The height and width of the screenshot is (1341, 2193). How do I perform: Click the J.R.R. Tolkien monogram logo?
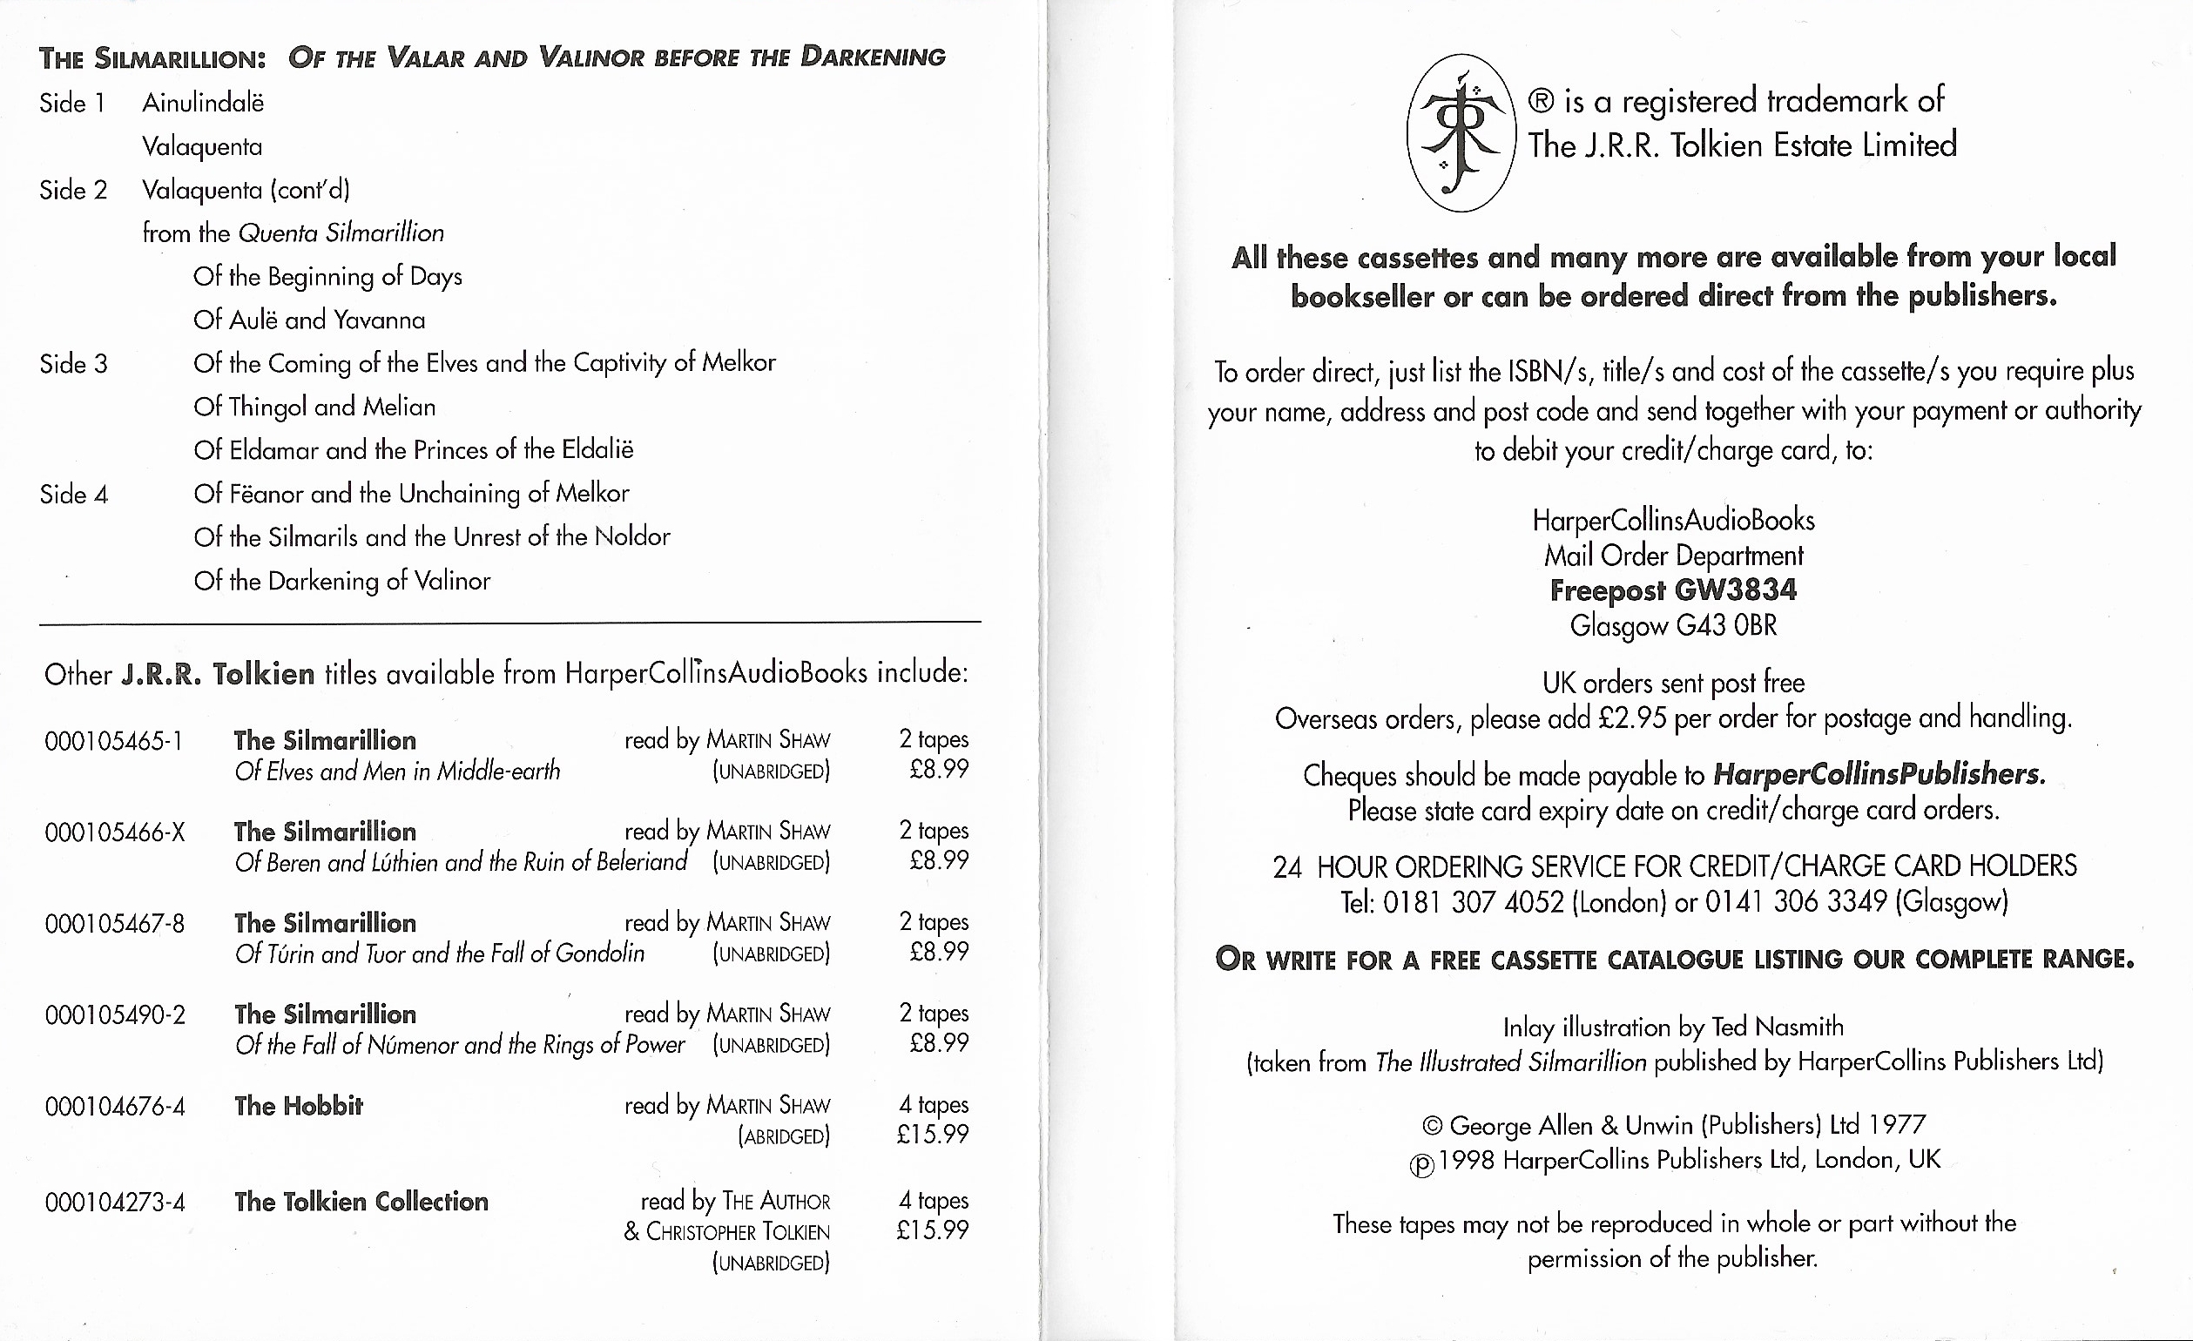tap(1461, 133)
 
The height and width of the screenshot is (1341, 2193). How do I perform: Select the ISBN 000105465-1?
tap(113, 741)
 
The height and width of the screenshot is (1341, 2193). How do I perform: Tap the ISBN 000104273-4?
tap(115, 1203)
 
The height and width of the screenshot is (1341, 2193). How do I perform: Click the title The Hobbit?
tap(298, 1106)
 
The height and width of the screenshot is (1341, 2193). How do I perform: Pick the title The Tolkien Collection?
tap(361, 1203)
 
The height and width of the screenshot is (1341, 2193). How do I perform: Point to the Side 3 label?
tap(73, 364)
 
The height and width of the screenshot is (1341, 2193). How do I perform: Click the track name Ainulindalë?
tap(203, 104)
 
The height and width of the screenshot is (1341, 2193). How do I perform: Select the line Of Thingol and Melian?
tap(314, 408)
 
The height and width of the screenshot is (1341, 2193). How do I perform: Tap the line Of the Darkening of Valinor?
tap(341, 581)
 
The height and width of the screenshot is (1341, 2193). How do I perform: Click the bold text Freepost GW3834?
tap(1673, 591)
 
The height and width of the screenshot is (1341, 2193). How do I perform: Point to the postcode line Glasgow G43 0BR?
tap(1673, 625)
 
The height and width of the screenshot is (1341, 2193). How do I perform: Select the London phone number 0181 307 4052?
tap(1473, 902)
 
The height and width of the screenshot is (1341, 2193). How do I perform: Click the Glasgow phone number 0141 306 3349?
tap(1795, 902)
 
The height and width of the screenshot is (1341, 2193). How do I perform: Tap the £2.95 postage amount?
tap(1631, 718)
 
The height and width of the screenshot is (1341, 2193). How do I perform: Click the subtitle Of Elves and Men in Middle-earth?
tap(397, 772)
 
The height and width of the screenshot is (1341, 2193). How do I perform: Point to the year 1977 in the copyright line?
tap(1897, 1126)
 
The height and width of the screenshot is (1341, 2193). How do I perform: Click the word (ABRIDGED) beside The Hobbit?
tap(783, 1137)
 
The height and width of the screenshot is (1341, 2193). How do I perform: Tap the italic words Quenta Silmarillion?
tap(341, 233)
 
